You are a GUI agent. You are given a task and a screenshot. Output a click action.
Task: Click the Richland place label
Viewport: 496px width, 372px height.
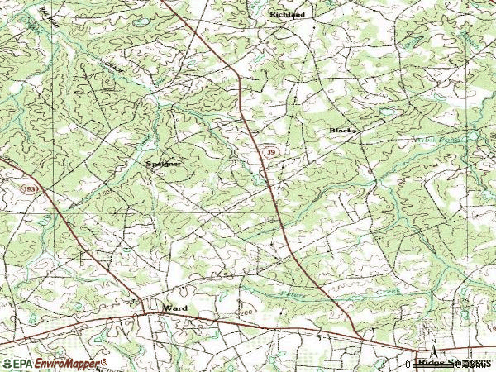point(287,15)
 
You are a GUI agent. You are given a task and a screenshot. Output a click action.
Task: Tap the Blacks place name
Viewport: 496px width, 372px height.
point(342,131)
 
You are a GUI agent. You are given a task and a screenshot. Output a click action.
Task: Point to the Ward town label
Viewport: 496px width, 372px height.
point(174,308)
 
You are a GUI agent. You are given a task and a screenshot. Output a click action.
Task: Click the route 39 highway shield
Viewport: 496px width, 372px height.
point(271,153)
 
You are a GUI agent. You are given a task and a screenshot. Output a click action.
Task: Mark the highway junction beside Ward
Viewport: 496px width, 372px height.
point(145,313)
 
